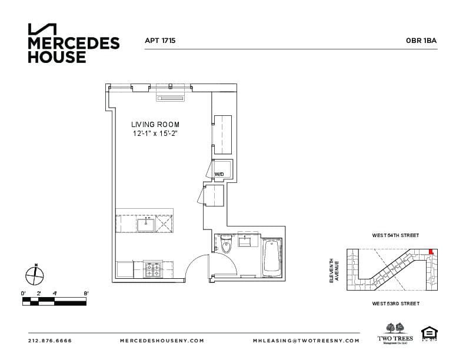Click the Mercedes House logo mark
pyautogui.click(x=42, y=29)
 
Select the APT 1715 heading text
pyautogui.click(x=160, y=41)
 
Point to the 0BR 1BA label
pyautogui.click(x=421, y=41)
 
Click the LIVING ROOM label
pyautogui.click(x=155, y=125)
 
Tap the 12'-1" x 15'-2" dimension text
pyautogui.click(x=155, y=134)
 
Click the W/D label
pyautogui.click(x=219, y=174)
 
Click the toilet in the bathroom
pyautogui.click(x=227, y=246)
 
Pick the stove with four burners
pyautogui.click(x=154, y=270)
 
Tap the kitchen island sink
pyautogui.click(x=145, y=224)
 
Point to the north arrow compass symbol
pyautogui.click(x=35, y=275)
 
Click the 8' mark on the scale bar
pyautogui.click(x=86, y=292)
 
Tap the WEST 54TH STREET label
pyautogui.click(x=395, y=235)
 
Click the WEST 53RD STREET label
pyautogui.click(x=395, y=304)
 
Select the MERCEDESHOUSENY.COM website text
pyautogui.click(x=162, y=341)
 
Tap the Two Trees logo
pyautogui.click(x=395, y=332)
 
